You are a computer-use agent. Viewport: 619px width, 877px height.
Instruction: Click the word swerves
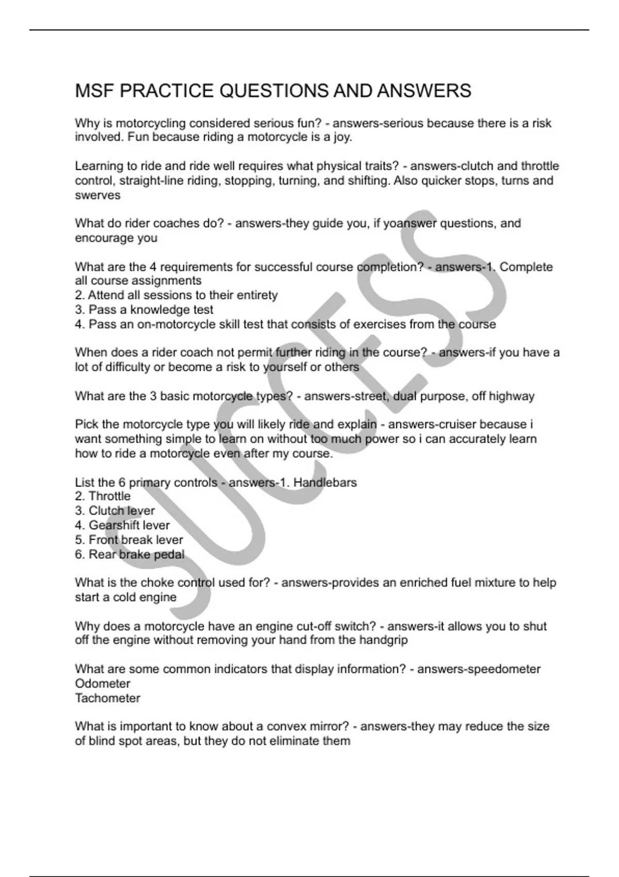click(x=97, y=196)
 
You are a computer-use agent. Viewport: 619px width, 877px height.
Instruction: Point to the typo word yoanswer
click(x=410, y=223)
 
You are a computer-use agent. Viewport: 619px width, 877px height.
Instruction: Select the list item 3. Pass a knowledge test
click(x=144, y=310)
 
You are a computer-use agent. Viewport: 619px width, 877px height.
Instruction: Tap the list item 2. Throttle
click(x=103, y=496)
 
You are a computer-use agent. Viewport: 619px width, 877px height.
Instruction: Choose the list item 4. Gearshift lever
click(x=122, y=525)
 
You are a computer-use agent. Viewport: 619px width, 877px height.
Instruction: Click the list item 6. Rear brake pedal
click(x=129, y=555)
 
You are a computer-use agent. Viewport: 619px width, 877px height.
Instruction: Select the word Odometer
click(x=102, y=684)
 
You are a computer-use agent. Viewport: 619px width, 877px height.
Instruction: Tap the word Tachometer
click(x=107, y=698)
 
